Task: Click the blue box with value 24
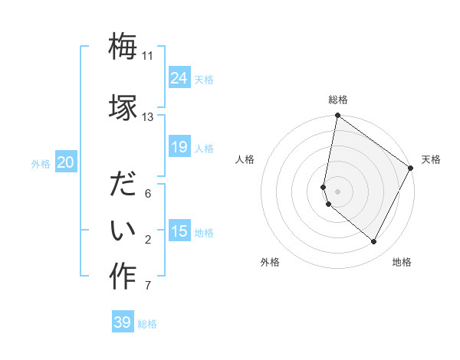(x=179, y=78)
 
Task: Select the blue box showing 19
(x=179, y=147)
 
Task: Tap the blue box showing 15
(x=179, y=231)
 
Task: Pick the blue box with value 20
(x=66, y=162)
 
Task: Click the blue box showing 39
(x=123, y=322)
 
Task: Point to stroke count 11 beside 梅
(x=148, y=56)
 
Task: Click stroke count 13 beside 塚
(x=148, y=117)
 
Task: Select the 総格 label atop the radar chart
(x=338, y=100)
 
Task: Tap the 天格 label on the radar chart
(x=431, y=159)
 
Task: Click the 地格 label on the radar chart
(x=402, y=262)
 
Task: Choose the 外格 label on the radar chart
(x=270, y=262)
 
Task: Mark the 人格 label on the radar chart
(x=245, y=159)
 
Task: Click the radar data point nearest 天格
(x=411, y=168)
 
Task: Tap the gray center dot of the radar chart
(x=338, y=191)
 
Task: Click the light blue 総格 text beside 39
(x=147, y=324)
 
